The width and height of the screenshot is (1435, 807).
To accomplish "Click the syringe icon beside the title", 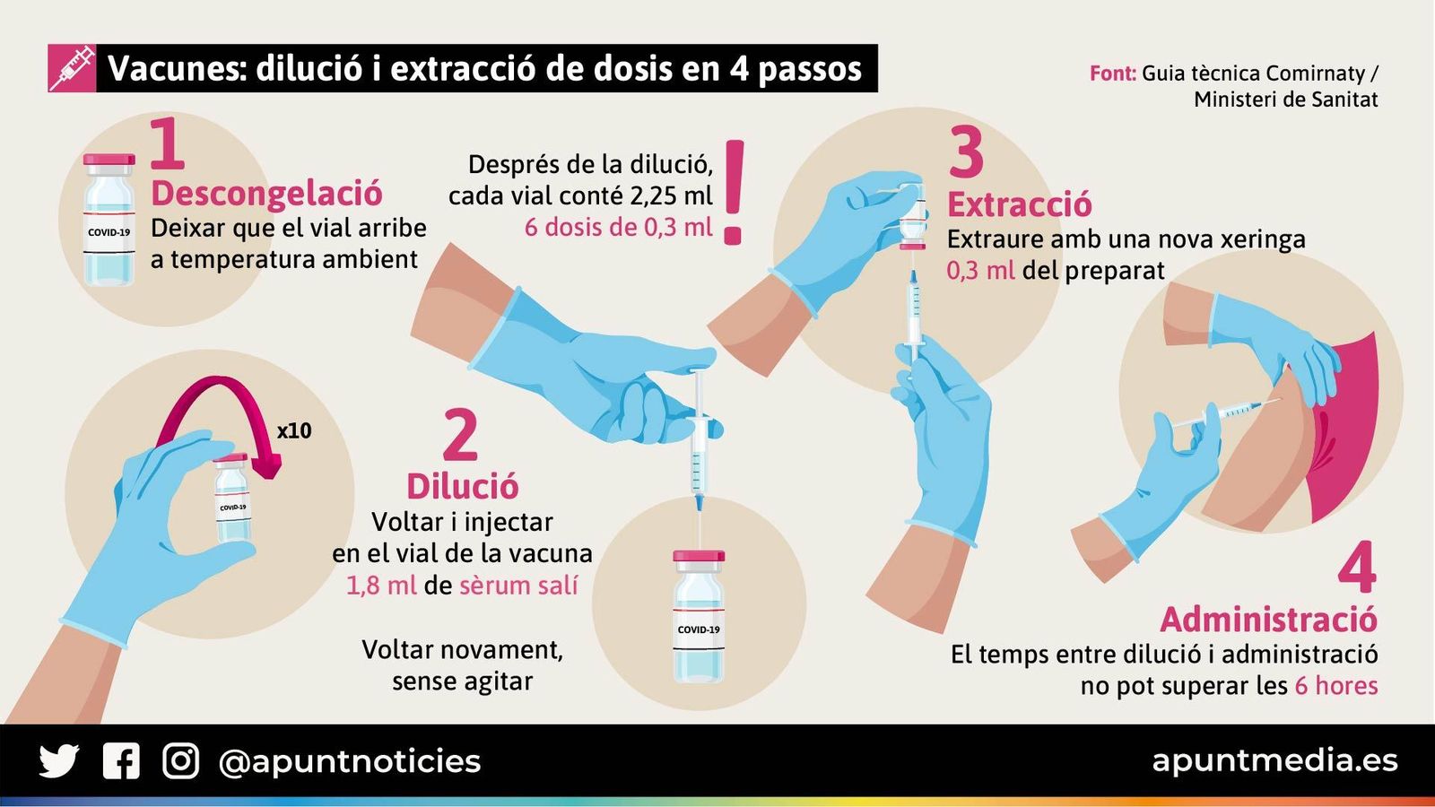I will click(x=72, y=68).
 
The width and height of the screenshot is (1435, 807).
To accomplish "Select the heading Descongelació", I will click(x=266, y=193).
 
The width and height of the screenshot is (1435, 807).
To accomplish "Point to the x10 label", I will click(x=294, y=430).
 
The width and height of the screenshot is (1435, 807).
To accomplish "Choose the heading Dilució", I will click(x=462, y=486).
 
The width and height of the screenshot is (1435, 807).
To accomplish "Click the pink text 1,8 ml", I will click(x=381, y=586).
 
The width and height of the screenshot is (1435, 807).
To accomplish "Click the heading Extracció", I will click(x=1020, y=204).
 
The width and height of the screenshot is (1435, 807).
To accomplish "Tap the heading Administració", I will click(x=1268, y=619).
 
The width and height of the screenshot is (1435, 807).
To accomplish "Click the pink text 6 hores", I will click(x=1336, y=686).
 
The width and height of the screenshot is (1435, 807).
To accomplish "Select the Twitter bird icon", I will click(x=59, y=761).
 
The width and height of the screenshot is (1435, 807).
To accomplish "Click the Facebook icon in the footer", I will click(x=121, y=761).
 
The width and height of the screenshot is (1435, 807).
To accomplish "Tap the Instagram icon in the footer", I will click(x=180, y=761).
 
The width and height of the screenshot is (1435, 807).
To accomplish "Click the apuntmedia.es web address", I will click(x=1274, y=760).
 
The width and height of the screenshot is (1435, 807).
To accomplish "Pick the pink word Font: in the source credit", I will click(x=1113, y=74).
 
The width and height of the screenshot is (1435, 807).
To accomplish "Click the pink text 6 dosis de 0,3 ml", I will click(x=618, y=227).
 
